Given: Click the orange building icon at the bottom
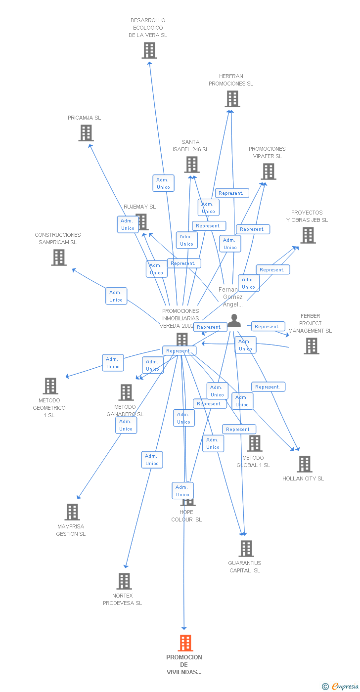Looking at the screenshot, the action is pyautogui.click(x=185, y=643).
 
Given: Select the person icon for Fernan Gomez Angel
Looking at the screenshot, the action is pyautogui.click(x=234, y=321).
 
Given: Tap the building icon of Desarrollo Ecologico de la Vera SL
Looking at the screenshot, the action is pyautogui.click(x=149, y=50).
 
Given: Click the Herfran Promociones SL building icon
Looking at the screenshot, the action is pyautogui.click(x=232, y=99).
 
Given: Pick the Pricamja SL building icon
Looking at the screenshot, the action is pyautogui.click(x=86, y=133).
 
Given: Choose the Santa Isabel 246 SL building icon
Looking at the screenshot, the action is pyautogui.click(x=191, y=165).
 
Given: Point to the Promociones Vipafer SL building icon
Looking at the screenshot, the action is pyautogui.click(x=268, y=172).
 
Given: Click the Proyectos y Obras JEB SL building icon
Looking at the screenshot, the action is pyautogui.click(x=308, y=235).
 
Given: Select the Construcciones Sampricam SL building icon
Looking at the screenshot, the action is pyautogui.click(x=58, y=257).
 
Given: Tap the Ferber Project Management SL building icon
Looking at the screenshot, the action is pyautogui.click(x=311, y=346).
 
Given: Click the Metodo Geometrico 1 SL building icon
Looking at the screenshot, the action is pyautogui.click(x=50, y=386).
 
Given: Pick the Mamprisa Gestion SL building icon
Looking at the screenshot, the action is pyautogui.click(x=72, y=512).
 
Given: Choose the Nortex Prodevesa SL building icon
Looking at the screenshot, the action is pyautogui.click(x=124, y=581).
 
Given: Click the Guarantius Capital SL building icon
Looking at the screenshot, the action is pyautogui.click(x=246, y=549).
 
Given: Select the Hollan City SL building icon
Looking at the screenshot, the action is pyautogui.click(x=304, y=464).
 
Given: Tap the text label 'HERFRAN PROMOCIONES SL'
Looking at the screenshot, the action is pyautogui.click(x=231, y=80).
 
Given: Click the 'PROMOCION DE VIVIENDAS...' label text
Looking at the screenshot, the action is pyautogui.click(x=184, y=664).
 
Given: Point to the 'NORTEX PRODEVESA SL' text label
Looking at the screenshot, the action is pyautogui.click(x=123, y=599).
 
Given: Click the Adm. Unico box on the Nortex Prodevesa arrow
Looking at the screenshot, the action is pyautogui.click(x=152, y=460).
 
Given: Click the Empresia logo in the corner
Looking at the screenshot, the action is pyautogui.click(x=341, y=686).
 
